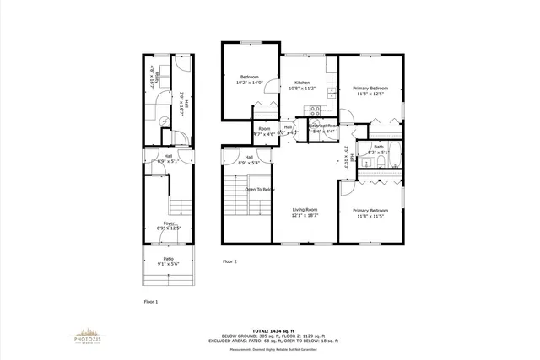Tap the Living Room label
(x=305, y=212)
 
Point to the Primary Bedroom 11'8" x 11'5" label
(x=370, y=213)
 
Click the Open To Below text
(x=260, y=190)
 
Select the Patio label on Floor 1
(x=169, y=261)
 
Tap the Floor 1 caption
(x=151, y=301)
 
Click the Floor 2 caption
(x=229, y=261)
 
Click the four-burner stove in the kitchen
(x=314, y=109)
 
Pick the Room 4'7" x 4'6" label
(x=264, y=132)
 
